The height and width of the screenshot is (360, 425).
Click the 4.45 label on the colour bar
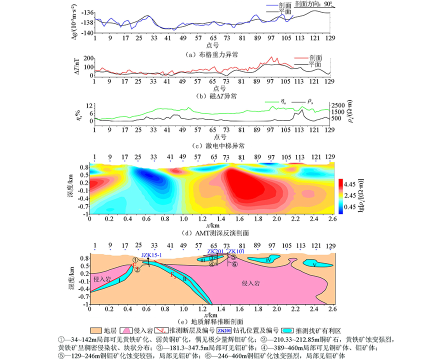(354, 182)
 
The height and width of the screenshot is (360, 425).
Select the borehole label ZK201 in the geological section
(215, 251)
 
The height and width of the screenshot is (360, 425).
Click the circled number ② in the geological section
(136, 269)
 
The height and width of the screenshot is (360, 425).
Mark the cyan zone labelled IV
(268, 260)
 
